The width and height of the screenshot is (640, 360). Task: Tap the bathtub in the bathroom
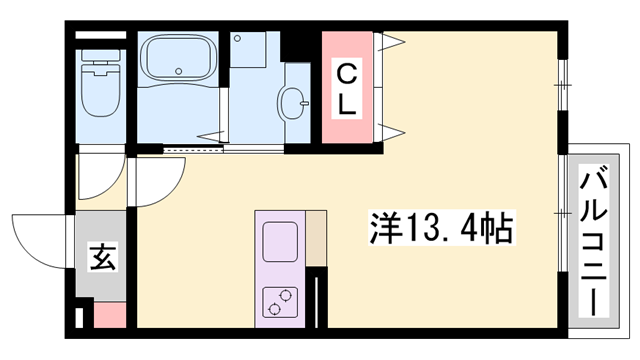(x=176, y=59)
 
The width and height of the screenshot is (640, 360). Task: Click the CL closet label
(x=345, y=87)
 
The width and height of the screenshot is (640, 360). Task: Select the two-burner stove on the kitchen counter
(x=280, y=300)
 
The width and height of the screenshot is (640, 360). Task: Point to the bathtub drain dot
(x=177, y=73)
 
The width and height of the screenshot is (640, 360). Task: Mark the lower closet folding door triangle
(x=388, y=131)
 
